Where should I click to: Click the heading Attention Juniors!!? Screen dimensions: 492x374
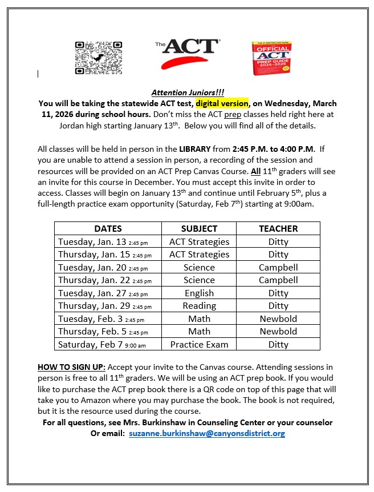188,92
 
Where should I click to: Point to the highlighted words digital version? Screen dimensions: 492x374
222,103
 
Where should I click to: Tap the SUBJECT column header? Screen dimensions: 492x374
199,228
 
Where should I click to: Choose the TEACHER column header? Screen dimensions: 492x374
278,228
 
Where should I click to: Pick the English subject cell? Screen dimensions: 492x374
199,293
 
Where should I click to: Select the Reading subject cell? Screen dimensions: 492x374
199,306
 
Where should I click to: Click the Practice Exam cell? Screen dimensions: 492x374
199,344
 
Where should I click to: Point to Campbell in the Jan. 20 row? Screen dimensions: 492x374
278,267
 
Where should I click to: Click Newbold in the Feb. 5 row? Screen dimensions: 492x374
278,331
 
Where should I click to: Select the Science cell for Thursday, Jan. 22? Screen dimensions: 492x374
199,280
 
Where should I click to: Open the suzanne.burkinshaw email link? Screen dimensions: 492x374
206,433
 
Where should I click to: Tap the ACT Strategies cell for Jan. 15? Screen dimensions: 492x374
199,255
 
